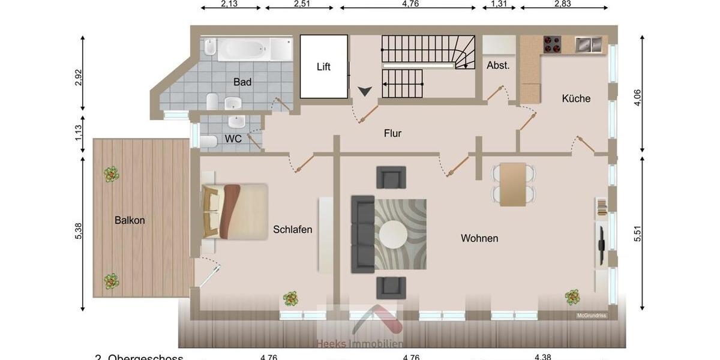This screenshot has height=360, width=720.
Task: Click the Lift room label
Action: coord(323,67)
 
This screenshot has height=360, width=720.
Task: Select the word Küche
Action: coord(576,98)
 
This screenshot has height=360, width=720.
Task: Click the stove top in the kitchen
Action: coord(552,43)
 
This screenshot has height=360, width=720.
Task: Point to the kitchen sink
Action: coord(587,43)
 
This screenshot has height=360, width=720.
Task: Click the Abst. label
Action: coord(498,65)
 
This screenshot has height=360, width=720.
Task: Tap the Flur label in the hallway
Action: coord(393,133)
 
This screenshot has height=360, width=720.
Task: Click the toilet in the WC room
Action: coord(208,142)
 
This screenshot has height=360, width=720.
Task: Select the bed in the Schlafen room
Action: coord(235,211)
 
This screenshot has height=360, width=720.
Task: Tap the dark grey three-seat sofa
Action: coord(362,233)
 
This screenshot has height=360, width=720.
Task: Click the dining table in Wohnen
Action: coord(513,184)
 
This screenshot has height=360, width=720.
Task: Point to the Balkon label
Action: coord(130,220)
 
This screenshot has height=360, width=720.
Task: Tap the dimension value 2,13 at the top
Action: coord(229,4)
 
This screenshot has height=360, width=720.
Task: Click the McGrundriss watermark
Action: coord(592,316)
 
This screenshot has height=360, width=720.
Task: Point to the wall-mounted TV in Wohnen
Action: coord(602,244)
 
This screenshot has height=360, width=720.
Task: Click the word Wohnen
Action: coord(479,238)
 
